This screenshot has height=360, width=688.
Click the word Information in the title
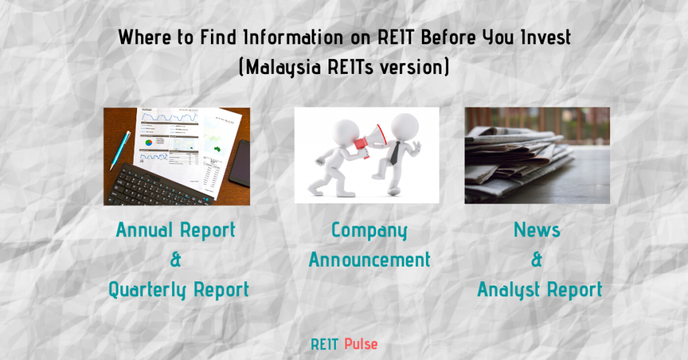(x=263, y=38)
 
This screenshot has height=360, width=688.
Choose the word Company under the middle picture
(x=370, y=230)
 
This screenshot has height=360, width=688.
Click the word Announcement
(x=370, y=260)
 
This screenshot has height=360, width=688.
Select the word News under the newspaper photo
(x=537, y=230)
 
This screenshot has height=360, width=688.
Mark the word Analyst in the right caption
(x=511, y=290)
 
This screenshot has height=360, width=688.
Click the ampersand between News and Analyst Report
(x=537, y=260)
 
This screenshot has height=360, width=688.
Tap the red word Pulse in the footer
(x=361, y=345)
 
